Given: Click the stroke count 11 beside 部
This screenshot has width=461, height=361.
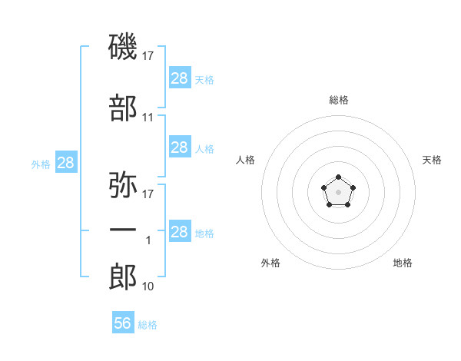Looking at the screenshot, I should click(x=148, y=118).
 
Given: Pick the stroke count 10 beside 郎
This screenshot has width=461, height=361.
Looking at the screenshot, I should click(x=148, y=286).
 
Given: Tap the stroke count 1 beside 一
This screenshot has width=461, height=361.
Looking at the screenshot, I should click(x=148, y=240).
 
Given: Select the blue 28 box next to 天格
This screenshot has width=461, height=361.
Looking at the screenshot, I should click(x=180, y=78).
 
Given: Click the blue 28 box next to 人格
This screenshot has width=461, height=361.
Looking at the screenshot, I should click(x=180, y=147).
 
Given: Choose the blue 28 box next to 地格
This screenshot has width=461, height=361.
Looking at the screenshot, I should click(x=180, y=232).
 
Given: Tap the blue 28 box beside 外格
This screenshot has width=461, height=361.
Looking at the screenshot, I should click(x=66, y=163).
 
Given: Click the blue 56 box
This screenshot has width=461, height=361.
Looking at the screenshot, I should click(x=123, y=323).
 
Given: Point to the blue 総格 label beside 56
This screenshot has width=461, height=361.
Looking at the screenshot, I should click(x=148, y=325).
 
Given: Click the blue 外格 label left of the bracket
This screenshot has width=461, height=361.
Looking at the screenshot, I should click(x=41, y=164).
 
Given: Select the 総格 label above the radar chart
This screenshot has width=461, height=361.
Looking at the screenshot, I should click(x=339, y=100).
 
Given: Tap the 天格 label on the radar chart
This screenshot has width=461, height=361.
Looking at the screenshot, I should click(x=433, y=160).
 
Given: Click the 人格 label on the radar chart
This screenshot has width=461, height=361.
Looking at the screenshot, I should click(x=246, y=160).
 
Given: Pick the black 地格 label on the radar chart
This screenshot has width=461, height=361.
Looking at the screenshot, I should click(x=403, y=263).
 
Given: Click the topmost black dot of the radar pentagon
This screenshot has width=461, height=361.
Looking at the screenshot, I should click(x=338, y=177).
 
